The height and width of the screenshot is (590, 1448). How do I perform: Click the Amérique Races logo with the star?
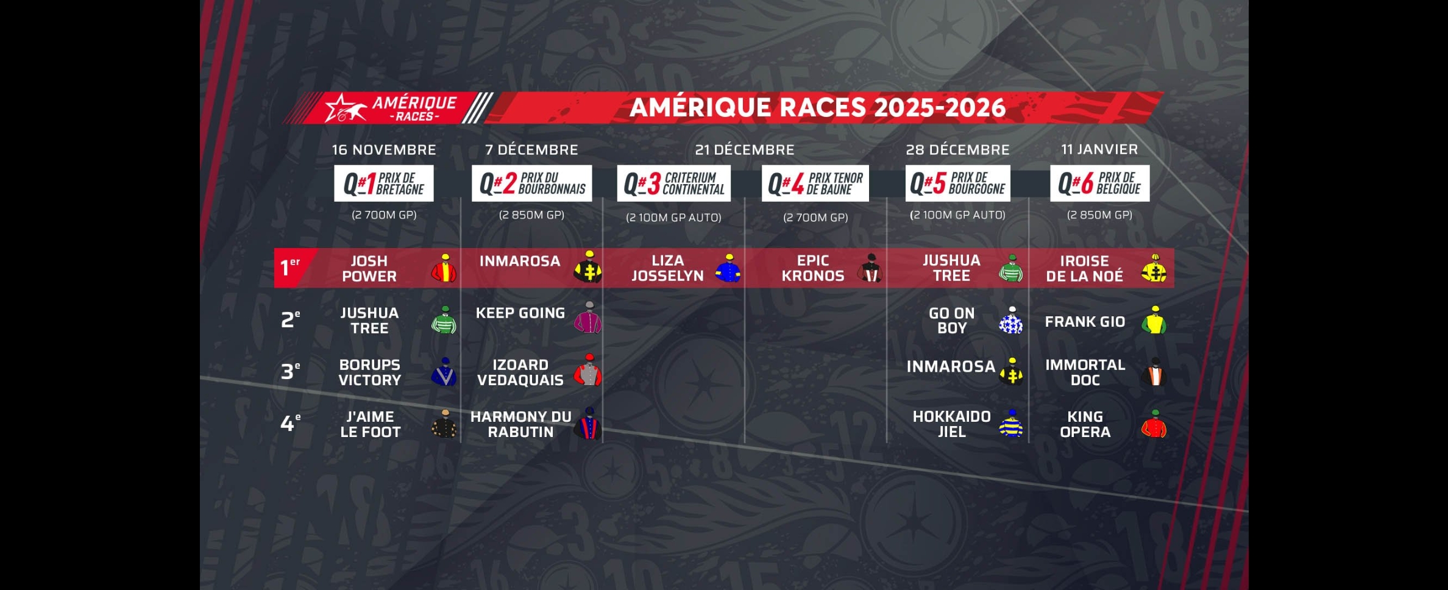click(x=391, y=108)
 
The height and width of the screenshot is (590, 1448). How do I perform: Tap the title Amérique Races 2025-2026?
click(x=817, y=107)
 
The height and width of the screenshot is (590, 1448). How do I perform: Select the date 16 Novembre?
click(x=384, y=149)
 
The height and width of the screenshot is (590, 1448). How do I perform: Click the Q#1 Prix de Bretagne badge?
click(x=384, y=183)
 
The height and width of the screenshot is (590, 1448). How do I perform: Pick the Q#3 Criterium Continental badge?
click(x=673, y=183)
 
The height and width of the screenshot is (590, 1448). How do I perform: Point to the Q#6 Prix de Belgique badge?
click(x=1099, y=183)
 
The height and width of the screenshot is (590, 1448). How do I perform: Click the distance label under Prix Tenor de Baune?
click(x=815, y=218)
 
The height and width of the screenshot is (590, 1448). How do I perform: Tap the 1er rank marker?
click(x=290, y=267)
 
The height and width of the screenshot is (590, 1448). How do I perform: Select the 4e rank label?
click(x=290, y=422)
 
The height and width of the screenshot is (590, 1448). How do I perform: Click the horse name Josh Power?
click(x=369, y=268)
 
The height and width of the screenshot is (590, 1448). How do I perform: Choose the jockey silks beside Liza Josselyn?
click(x=728, y=268)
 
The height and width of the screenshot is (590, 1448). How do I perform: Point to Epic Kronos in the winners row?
click(x=813, y=268)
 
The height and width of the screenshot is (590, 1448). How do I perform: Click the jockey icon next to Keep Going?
click(x=588, y=317)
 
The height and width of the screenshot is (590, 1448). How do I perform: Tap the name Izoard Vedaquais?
click(x=520, y=372)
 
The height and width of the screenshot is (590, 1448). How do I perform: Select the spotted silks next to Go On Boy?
click(x=1011, y=320)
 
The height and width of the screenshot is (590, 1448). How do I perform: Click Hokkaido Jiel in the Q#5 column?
click(x=951, y=424)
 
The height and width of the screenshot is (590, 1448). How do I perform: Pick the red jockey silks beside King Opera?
click(x=1154, y=424)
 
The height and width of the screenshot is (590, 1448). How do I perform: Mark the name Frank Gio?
click(x=1085, y=321)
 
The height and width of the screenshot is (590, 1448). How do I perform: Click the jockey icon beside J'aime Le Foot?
click(x=444, y=424)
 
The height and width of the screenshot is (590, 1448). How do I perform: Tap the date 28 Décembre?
click(x=957, y=149)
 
